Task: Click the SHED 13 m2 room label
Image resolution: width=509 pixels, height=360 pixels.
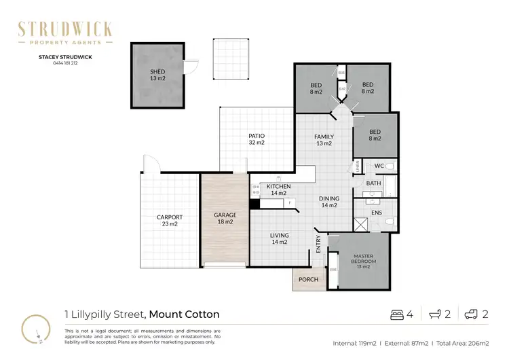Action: [x=157, y=75]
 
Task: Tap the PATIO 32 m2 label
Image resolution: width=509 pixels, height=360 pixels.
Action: [x=256, y=140]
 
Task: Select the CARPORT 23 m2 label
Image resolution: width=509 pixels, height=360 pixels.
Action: [x=167, y=221]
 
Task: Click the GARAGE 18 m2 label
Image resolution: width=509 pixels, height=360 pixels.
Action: [x=225, y=218]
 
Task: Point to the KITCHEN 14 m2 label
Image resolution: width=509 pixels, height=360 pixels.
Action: [x=278, y=190]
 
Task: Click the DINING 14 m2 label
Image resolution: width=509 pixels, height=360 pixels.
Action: [x=329, y=202]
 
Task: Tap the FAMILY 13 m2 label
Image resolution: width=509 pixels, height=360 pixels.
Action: [x=324, y=140]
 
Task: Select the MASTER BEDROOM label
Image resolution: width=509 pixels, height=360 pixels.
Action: [x=362, y=259]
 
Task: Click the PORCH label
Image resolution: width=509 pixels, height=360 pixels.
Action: [x=309, y=279]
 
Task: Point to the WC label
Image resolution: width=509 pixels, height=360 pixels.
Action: [x=379, y=166]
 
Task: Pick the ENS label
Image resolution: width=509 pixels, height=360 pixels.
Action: [x=377, y=213]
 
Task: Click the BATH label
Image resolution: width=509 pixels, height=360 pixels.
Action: [x=373, y=183]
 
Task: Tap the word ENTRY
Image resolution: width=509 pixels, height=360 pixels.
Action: [x=318, y=245]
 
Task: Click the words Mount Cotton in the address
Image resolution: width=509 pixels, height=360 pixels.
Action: [x=184, y=314]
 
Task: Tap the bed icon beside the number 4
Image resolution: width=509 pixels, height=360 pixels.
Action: [x=398, y=314]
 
